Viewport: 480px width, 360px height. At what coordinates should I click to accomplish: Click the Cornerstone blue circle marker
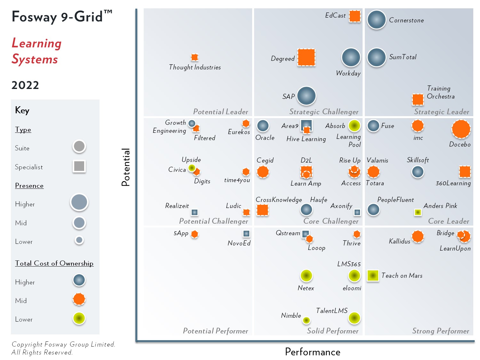tap(376, 20)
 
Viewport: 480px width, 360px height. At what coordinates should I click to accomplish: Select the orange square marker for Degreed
tap(306, 57)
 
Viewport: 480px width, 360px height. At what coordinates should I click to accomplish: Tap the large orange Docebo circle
tap(461, 129)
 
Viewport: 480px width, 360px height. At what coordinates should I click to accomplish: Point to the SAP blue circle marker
tap(306, 96)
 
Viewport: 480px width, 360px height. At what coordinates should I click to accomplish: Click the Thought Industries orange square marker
tap(195, 57)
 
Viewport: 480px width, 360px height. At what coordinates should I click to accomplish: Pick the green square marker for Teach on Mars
tap(373, 276)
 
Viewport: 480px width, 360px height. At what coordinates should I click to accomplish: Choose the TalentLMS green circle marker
tap(354, 318)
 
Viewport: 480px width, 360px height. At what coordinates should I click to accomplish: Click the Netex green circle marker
tap(306, 275)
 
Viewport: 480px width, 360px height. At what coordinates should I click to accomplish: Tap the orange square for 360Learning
tap(465, 172)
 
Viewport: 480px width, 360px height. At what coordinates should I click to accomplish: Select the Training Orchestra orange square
tap(418, 100)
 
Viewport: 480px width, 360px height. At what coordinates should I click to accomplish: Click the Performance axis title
tap(313, 352)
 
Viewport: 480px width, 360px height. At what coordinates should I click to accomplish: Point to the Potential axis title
tap(125, 167)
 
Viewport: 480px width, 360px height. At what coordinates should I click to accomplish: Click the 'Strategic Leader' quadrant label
tap(442, 112)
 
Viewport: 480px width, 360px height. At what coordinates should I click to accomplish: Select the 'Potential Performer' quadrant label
tap(215, 331)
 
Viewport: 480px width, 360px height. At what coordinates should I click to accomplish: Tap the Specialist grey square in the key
tap(79, 166)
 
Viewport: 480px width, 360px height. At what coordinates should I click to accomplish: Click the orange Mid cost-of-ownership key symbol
tap(79, 299)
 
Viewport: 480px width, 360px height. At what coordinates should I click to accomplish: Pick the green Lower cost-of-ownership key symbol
tap(79, 318)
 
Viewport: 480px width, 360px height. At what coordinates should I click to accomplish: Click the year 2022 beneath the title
tap(25, 85)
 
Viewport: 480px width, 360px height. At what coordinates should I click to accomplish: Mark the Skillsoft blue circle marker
tap(418, 172)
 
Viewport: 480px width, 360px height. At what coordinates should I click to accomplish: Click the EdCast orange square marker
tap(355, 16)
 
